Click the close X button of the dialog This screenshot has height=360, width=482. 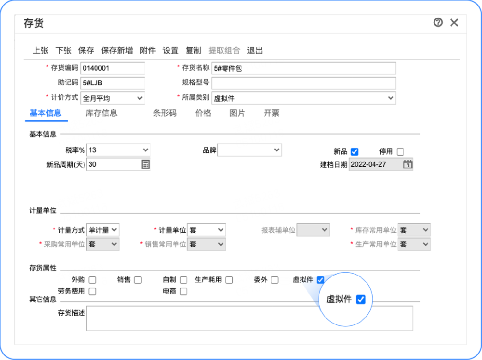pos(454,22)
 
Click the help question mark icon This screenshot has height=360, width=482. pos(438,22)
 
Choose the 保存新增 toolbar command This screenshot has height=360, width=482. pos(117,51)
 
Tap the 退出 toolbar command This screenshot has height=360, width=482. pos(255,51)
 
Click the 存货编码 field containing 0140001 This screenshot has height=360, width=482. pos(113,68)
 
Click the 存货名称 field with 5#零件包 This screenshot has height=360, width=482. pos(304,68)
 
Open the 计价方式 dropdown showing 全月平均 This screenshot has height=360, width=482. pos(113,98)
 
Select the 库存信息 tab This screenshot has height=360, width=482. pos(101,113)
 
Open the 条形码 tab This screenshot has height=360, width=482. pos(165,113)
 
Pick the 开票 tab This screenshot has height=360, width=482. pos(271,113)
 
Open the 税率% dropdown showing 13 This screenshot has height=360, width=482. pos(118,150)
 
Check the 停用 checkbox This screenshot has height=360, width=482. pos(400,152)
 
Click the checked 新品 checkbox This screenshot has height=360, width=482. pos(355,152)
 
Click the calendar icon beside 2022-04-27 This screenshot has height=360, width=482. pos(408,164)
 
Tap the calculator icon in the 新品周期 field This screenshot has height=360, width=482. pos(146,164)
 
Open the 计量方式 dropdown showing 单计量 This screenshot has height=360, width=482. pos(103,230)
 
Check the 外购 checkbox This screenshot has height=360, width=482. pos(92,280)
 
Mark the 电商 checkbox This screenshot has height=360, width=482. pos(183,291)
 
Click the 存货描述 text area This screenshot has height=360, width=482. pos(249,318)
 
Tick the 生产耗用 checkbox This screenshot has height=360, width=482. pos(229,280)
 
